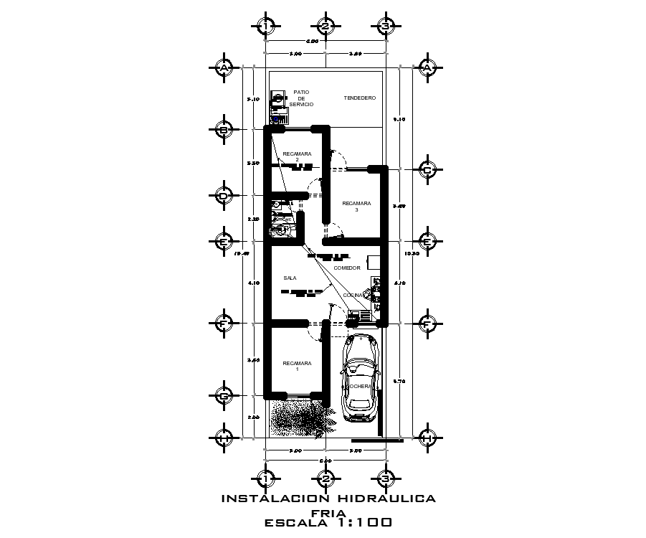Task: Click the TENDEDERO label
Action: click(x=360, y=98)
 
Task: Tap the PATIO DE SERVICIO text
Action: click(x=301, y=98)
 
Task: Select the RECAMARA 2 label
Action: click(x=297, y=156)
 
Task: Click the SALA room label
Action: click(x=290, y=278)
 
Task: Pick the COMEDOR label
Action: click(x=347, y=268)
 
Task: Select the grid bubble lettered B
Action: click(x=224, y=130)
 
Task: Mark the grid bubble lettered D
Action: click(x=224, y=195)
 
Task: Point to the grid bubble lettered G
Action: click(x=224, y=395)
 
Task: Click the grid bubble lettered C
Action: click(x=427, y=170)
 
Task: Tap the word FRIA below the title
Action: click(x=329, y=512)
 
